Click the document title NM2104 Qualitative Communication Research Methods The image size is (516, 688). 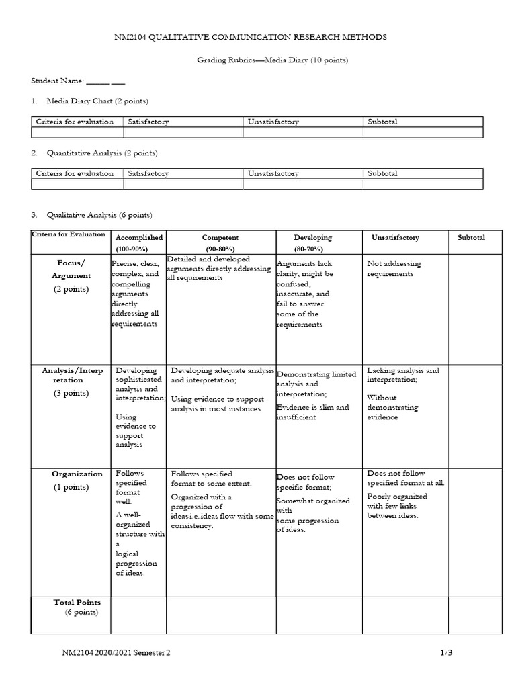pos(251,37)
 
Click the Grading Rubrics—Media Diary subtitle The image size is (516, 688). pos(272,60)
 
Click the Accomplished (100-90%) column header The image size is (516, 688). pos(139,243)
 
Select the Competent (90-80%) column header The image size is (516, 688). pos(220,243)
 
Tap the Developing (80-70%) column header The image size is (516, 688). pos(312,243)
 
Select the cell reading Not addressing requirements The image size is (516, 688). pos(394,269)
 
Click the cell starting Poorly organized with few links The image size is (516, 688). pos(398,505)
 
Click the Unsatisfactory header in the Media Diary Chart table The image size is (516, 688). pos(273,122)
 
